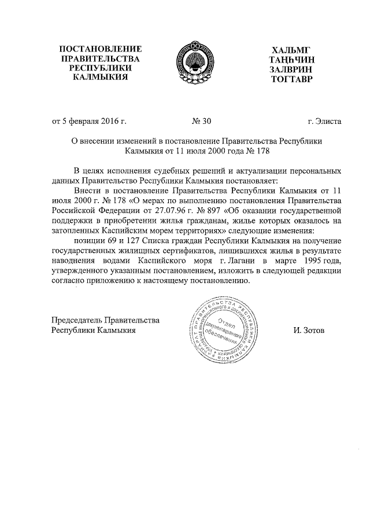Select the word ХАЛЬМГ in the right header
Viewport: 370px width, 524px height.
291,49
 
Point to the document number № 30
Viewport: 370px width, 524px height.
201,122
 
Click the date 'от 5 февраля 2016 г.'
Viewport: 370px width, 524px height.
90,122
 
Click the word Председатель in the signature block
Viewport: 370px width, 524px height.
77,320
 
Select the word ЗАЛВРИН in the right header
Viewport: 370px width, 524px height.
291,69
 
